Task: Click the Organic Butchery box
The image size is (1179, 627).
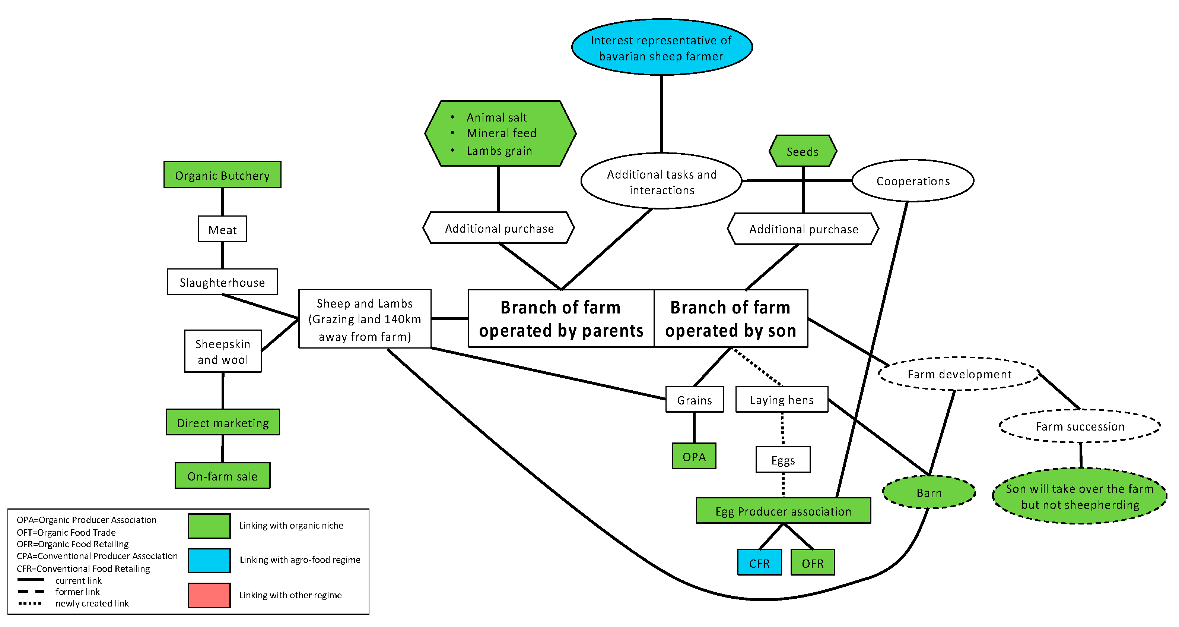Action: click(x=222, y=174)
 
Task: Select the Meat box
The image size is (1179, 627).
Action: click(x=222, y=229)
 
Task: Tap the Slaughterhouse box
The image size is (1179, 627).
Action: click(x=222, y=282)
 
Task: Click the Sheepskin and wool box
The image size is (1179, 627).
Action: click(x=223, y=351)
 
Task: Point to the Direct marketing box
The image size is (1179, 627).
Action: click(x=223, y=422)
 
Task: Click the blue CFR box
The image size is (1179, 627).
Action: click(x=759, y=563)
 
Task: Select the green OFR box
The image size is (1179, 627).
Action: click(x=813, y=563)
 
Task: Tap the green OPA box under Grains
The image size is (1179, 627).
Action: click(x=694, y=456)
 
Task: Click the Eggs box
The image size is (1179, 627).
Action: click(x=783, y=460)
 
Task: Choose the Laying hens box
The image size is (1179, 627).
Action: click(x=782, y=399)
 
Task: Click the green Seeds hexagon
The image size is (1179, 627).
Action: click(x=803, y=151)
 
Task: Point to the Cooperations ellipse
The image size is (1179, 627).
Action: click(x=913, y=181)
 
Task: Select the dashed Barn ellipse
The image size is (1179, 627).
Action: click(x=929, y=492)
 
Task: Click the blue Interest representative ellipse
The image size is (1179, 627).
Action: click(x=661, y=47)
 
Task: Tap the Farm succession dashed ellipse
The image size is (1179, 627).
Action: click(x=1080, y=426)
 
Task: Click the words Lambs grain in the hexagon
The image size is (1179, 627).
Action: click(x=499, y=150)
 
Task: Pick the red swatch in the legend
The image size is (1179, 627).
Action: click(x=209, y=595)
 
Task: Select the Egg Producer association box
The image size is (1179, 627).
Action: click(x=783, y=511)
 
